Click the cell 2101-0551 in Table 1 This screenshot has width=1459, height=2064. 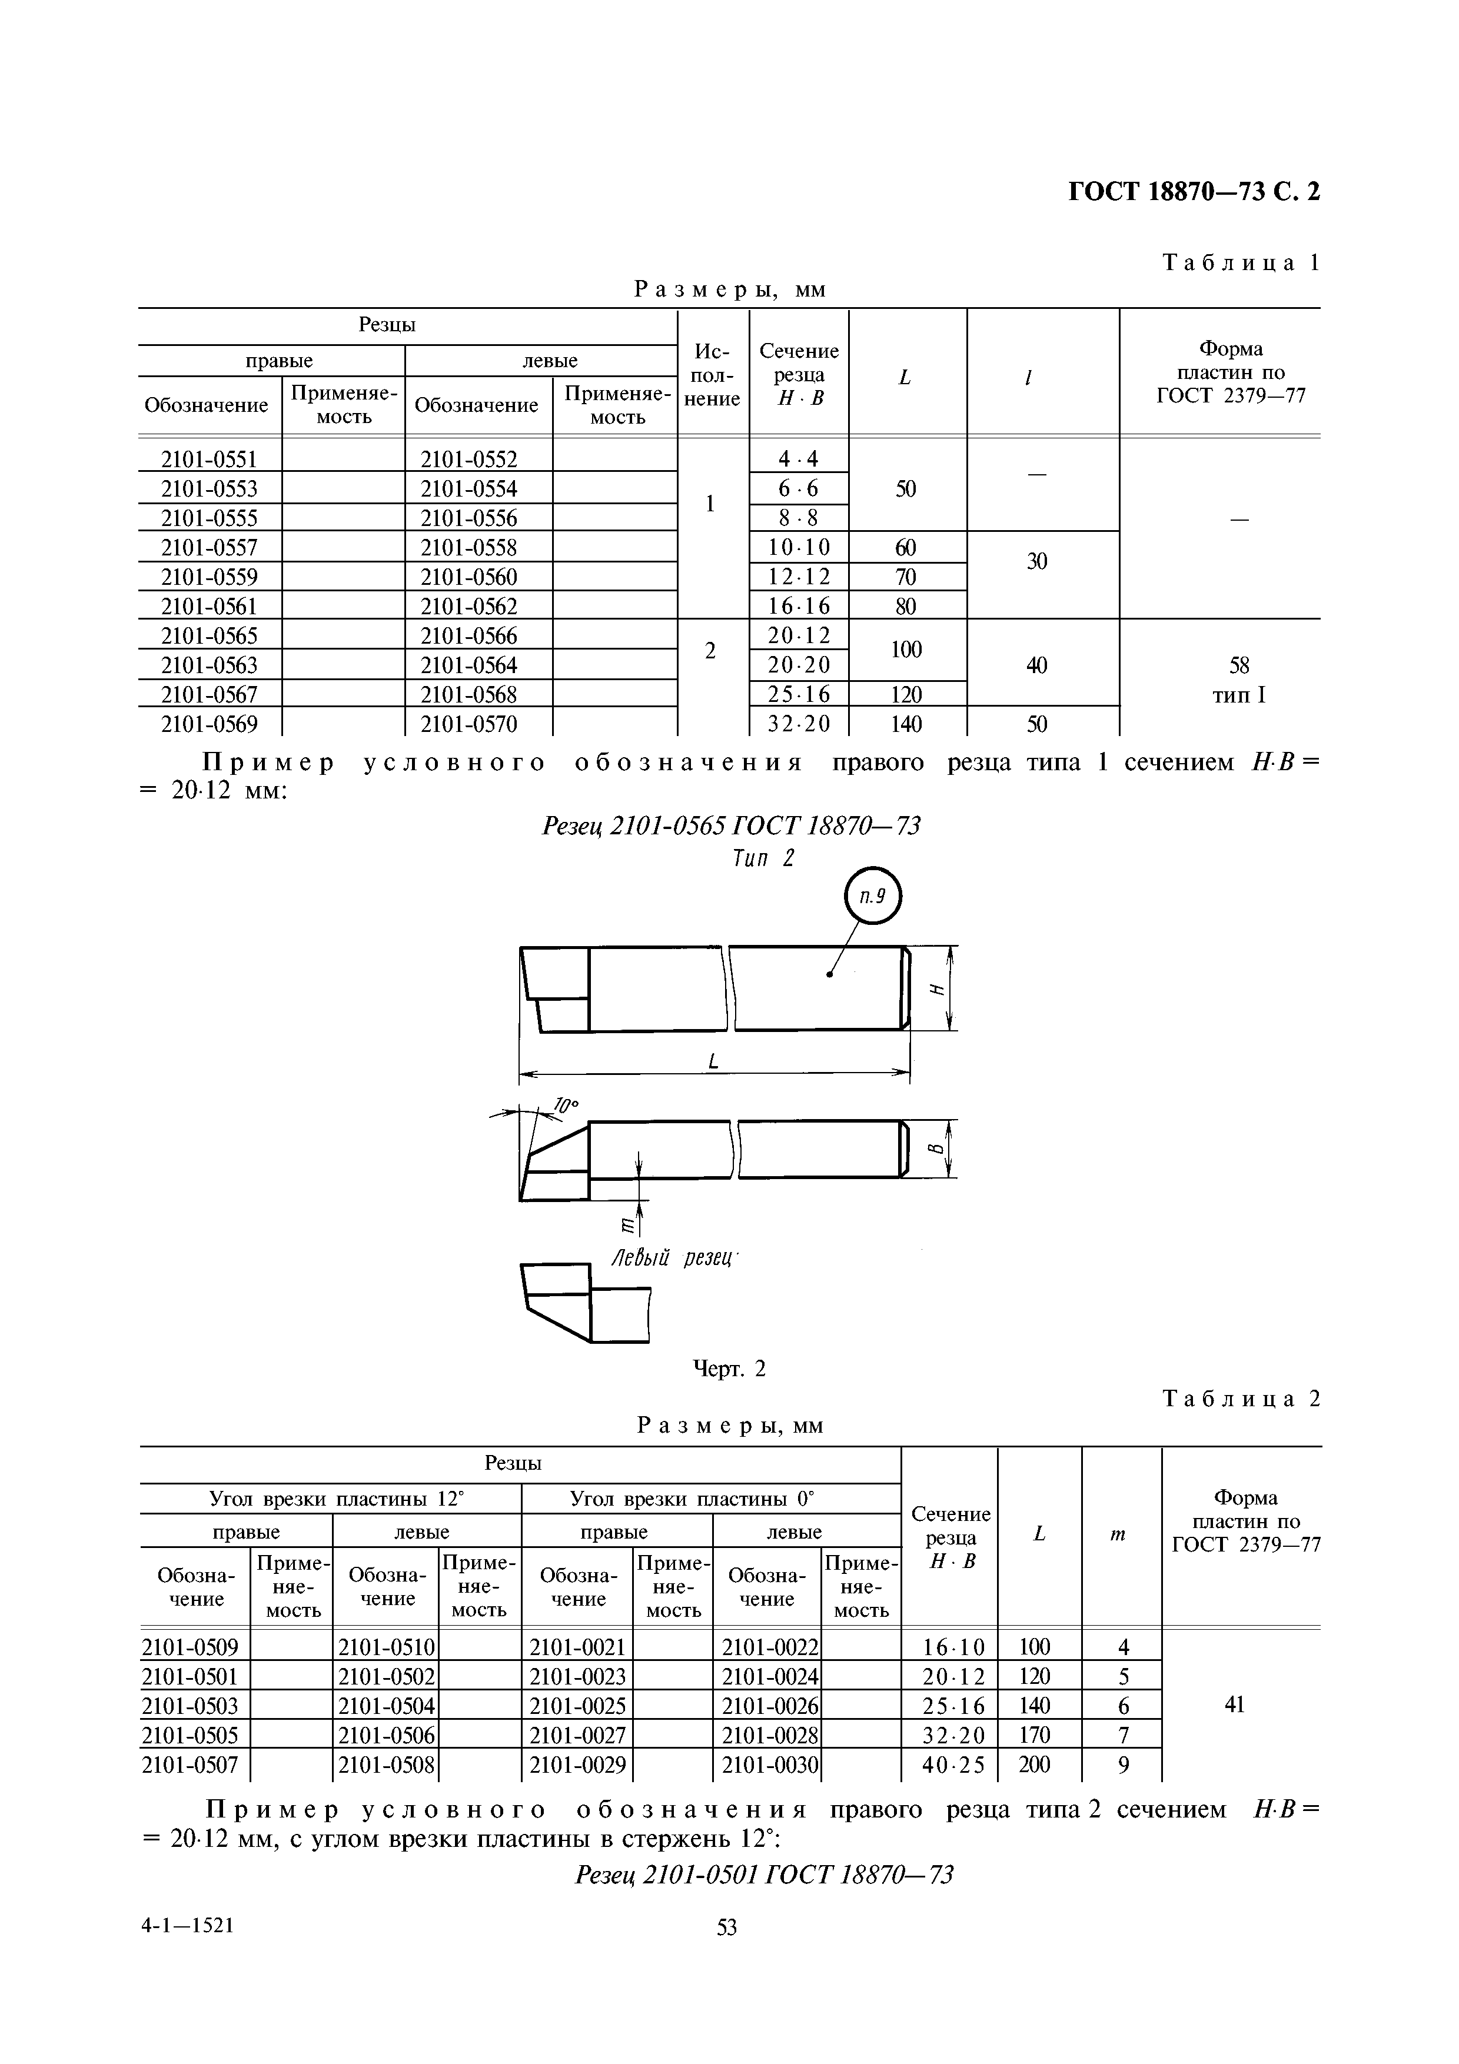pos(208,460)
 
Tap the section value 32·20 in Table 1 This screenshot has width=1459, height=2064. pos(798,724)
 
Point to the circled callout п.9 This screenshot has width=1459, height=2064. pos(872,895)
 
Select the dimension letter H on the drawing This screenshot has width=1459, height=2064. pos(938,989)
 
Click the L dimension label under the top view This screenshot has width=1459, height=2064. pos(714,1061)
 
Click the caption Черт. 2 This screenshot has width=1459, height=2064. pos(729,1368)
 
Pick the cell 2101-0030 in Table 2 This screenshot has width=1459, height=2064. pos(770,1765)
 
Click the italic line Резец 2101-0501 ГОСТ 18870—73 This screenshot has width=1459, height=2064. pos(763,1875)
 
